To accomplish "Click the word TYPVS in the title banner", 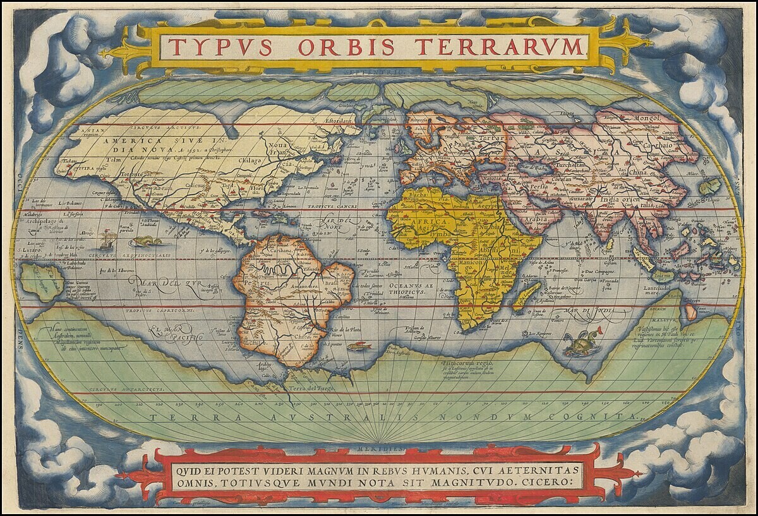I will (x=220, y=47).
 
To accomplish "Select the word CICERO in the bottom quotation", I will (x=549, y=481).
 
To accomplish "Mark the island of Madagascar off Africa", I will (x=526, y=296).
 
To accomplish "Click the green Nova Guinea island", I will (x=42, y=280).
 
